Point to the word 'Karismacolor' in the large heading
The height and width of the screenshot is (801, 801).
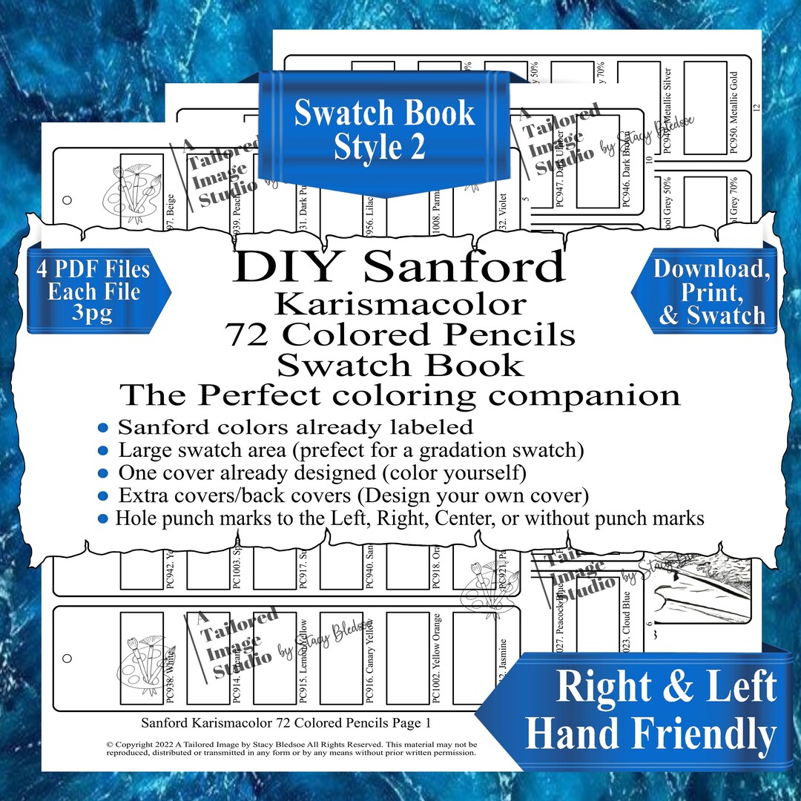(x=400, y=303)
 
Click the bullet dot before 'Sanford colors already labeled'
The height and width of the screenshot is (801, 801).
(x=103, y=428)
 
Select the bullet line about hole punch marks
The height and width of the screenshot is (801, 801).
(x=400, y=518)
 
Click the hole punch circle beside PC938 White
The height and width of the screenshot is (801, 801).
(x=67, y=657)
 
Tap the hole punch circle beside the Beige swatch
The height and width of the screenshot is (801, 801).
(x=67, y=200)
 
